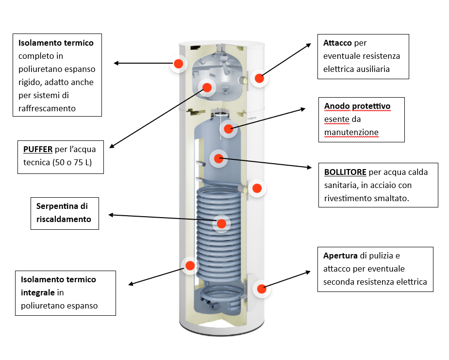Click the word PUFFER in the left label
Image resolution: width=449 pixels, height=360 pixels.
click(x=37, y=149)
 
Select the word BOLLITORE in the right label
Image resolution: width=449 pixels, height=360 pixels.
click(x=345, y=172)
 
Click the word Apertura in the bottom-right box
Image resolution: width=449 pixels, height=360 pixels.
click(x=340, y=256)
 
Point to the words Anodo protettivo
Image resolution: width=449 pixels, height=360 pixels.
click(x=357, y=106)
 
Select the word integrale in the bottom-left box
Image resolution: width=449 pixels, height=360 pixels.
click(x=38, y=292)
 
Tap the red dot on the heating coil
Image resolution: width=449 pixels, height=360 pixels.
click(x=221, y=223)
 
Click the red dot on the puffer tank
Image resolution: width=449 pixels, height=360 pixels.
click(x=207, y=87)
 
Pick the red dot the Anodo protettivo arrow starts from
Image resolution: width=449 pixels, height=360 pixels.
click(x=229, y=129)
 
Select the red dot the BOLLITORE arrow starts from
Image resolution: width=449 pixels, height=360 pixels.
click(x=218, y=158)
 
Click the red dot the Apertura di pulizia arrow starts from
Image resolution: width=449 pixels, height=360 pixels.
click(x=261, y=289)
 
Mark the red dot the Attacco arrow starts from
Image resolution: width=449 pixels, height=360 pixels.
click(x=259, y=78)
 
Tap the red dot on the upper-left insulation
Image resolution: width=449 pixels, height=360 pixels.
click(x=178, y=63)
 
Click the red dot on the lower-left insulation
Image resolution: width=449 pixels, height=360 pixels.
click(x=190, y=265)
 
